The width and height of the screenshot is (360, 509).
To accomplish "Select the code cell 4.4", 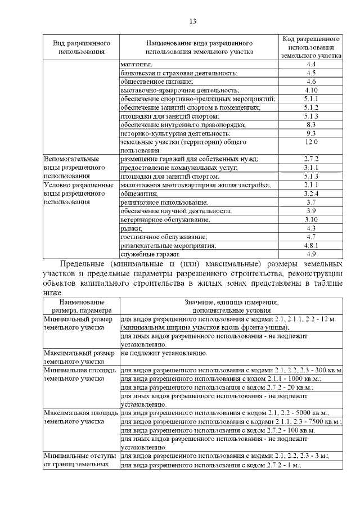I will click(311, 65).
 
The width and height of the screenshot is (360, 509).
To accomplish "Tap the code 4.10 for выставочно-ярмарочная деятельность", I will click(311, 90).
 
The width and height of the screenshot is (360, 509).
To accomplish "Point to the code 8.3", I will click(311, 124).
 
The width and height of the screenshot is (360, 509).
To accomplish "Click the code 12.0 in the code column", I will click(311, 142).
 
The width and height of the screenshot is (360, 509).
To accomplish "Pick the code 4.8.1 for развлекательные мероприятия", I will click(311, 245).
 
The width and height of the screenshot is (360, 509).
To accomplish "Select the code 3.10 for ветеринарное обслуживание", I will click(311, 219).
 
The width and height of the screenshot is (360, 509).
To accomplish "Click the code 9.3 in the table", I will click(311, 133).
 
